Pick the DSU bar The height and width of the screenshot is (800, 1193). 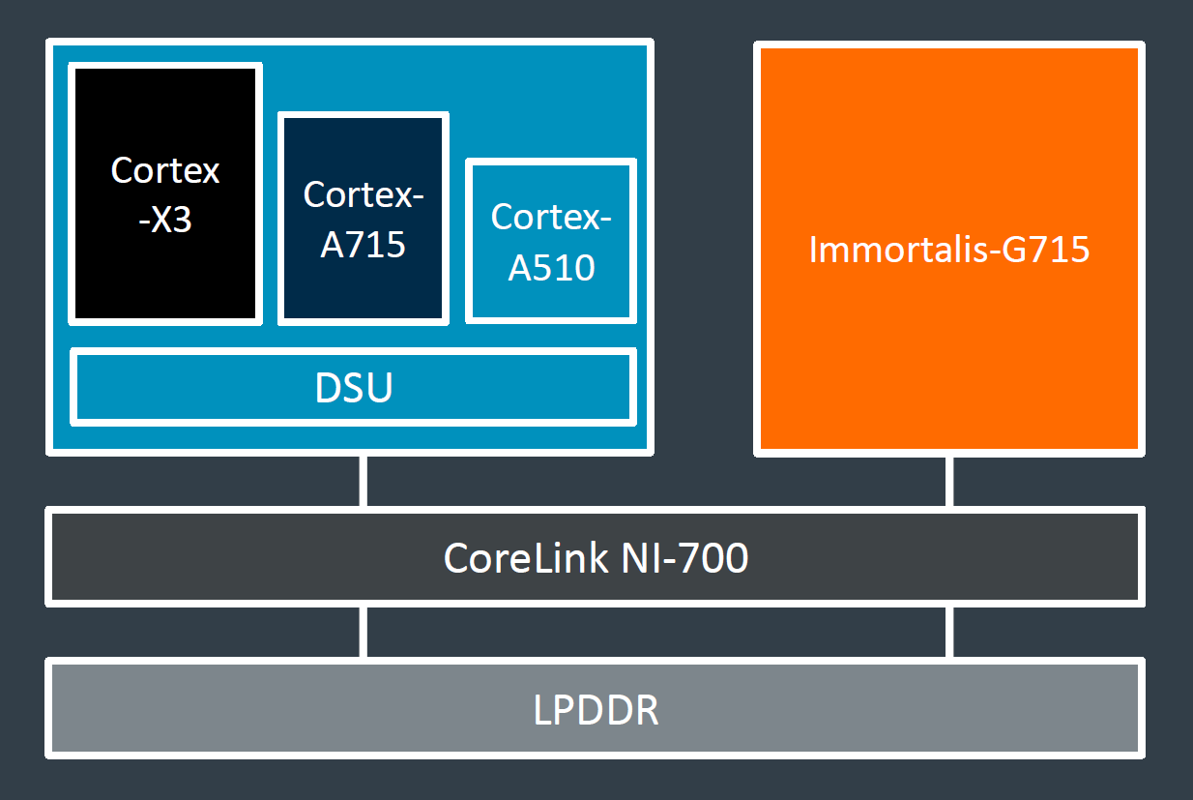click(354, 388)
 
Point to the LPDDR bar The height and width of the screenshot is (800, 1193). click(595, 709)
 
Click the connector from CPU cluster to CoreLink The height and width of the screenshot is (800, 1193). click(364, 481)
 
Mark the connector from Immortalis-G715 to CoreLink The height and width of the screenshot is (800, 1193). click(949, 481)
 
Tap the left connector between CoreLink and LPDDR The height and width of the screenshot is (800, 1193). click(364, 632)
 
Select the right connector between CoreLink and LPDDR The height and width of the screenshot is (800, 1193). click(949, 632)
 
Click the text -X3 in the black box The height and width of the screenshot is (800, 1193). click(165, 220)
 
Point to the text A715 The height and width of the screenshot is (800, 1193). click(363, 244)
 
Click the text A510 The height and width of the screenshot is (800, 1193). click(551, 266)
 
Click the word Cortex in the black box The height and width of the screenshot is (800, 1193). click(165, 170)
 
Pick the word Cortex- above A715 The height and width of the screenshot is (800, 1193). click(363, 194)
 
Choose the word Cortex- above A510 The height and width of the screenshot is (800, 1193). click(551, 217)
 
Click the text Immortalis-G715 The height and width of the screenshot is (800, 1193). click(948, 250)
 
